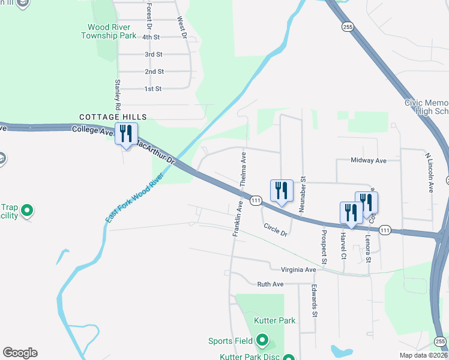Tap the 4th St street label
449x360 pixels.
pyautogui.click(x=151, y=37)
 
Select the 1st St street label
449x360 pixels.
pyautogui.click(x=153, y=89)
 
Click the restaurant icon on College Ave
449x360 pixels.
pyautogui.click(x=126, y=134)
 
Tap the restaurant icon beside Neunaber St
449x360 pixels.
pyautogui.click(x=282, y=191)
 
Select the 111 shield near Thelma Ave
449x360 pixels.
pyautogui.click(x=256, y=200)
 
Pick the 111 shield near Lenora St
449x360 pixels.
pyautogui.click(x=385, y=230)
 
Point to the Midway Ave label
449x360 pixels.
pyautogui.click(x=369, y=161)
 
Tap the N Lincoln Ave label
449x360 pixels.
pyautogui.click(x=429, y=172)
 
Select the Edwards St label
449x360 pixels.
pyautogui.click(x=313, y=301)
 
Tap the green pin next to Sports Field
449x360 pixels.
pyautogui.click(x=262, y=341)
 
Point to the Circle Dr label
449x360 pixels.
pyautogui.click(x=276, y=230)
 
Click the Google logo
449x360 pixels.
pyautogui.click(x=20, y=353)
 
